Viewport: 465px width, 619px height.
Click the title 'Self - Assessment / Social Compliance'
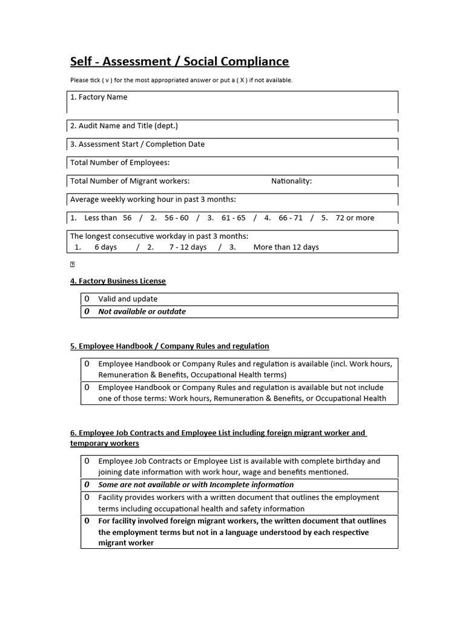pyautogui.click(x=179, y=62)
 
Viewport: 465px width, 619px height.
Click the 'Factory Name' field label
pyautogui.click(x=99, y=97)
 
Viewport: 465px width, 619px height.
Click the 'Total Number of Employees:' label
pyautogui.click(x=120, y=163)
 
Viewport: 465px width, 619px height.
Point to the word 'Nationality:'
pyautogui.click(x=291, y=181)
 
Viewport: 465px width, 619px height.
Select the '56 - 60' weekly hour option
pyautogui.click(x=176, y=218)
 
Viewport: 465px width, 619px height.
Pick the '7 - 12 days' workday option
pyautogui.click(x=188, y=247)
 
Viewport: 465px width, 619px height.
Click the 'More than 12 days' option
pyautogui.click(x=286, y=247)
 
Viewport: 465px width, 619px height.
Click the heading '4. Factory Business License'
pyautogui.click(x=118, y=281)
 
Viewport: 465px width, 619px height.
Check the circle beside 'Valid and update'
pyautogui.click(x=87, y=299)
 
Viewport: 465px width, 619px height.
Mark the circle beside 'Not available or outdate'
pyautogui.click(x=87, y=312)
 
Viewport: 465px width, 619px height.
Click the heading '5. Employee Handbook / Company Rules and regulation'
pyautogui.click(x=170, y=346)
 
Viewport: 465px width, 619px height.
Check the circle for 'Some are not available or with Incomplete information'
pyautogui.click(x=87, y=485)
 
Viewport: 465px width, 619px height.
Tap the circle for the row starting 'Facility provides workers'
pyautogui.click(x=87, y=497)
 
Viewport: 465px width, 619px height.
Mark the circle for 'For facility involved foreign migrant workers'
pyautogui.click(x=87, y=521)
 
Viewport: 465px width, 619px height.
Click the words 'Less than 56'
pyautogui.click(x=108, y=218)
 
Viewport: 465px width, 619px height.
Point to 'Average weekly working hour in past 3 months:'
pyautogui.click(x=153, y=199)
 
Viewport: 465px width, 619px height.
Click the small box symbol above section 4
pyautogui.click(x=72, y=265)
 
